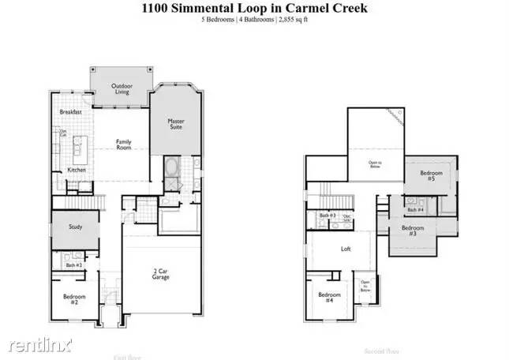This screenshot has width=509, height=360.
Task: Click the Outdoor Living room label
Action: coord(121,88)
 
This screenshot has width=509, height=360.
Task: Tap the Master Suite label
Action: coord(176,125)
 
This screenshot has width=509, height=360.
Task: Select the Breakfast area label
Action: coord(71,112)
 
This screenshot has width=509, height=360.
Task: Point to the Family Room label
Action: coord(124,145)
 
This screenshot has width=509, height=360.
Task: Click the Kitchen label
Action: coord(76,170)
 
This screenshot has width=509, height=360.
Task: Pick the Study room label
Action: coord(75,227)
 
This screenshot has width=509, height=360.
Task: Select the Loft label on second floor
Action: coord(346,249)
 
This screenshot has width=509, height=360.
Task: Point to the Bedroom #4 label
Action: coord(328,298)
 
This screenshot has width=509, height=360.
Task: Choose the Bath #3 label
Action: coord(328,216)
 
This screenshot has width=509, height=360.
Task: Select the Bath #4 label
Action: coord(415,209)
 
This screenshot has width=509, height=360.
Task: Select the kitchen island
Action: coord(79,147)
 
